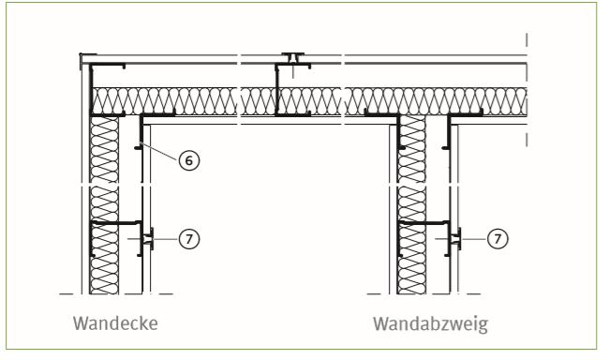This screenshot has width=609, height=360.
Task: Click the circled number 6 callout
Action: [189, 160]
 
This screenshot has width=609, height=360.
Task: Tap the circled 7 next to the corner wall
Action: [189, 239]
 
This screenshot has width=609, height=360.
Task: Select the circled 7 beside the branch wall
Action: [498, 238]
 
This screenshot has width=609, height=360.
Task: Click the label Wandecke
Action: [115, 323]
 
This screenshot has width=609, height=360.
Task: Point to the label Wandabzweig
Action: [430, 324]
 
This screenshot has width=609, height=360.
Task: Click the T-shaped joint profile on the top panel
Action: [293, 58]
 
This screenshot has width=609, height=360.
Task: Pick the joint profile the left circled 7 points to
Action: [148, 239]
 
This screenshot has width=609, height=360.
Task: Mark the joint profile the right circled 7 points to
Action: [456, 239]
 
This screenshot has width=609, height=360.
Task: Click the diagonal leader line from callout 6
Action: [160, 152]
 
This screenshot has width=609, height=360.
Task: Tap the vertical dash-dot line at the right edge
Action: [527, 90]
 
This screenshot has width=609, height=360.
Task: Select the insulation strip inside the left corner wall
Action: [104, 204]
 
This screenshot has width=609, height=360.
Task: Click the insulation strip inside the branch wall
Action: [411, 204]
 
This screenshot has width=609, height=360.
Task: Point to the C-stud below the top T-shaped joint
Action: [277, 90]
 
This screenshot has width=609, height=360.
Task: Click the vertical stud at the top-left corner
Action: [93, 89]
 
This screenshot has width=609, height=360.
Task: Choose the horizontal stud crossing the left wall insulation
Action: [116, 223]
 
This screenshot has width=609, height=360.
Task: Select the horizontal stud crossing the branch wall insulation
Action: [424, 223]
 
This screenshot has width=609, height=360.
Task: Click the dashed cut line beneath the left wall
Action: [116, 294]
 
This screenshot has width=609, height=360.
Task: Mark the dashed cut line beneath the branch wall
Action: [423, 294]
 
